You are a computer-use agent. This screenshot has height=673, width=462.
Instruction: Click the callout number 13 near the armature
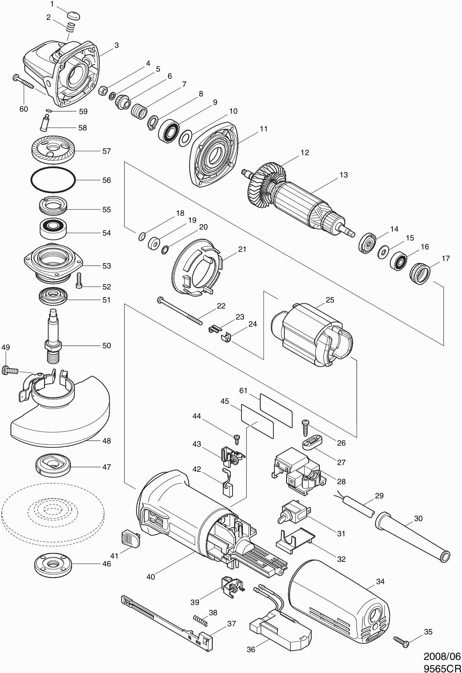tap(343, 175)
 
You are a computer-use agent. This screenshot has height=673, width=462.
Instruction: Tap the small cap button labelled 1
tap(73, 16)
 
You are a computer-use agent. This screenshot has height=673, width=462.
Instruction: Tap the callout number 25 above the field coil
tap(329, 300)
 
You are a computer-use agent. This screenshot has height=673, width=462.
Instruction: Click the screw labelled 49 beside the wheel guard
tap(10, 371)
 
